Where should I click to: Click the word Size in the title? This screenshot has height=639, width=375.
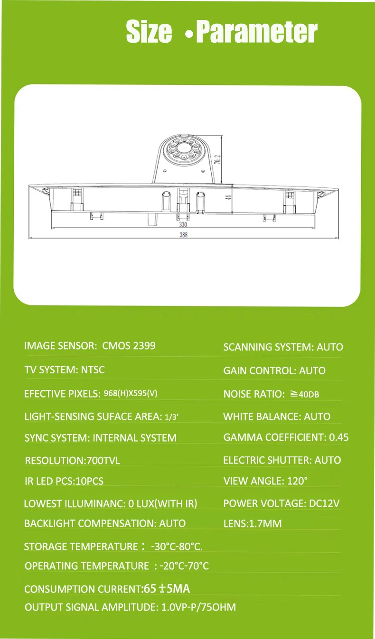[149, 31]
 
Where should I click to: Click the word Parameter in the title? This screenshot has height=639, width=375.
[257, 32]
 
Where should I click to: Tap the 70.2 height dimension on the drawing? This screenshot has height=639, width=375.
[217, 159]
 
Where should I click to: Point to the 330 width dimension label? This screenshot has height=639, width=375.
[183, 224]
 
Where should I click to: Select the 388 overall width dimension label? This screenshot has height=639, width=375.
[184, 235]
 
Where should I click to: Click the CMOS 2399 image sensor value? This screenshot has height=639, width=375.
[129, 346]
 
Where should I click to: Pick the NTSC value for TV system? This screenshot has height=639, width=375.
[93, 370]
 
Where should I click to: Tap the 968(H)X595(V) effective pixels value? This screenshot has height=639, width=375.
[131, 393]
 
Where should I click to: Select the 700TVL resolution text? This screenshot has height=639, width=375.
[103, 461]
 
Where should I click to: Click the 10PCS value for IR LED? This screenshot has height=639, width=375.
[90, 481]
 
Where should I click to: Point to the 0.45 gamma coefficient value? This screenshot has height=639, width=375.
[339, 437]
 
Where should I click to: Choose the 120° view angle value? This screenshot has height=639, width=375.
[297, 481]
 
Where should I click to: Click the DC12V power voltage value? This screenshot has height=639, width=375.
[324, 503]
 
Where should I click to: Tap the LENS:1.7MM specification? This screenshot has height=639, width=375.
[252, 523]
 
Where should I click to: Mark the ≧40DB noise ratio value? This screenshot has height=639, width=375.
[304, 394]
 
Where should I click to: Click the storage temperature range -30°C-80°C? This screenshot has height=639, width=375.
[177, 546]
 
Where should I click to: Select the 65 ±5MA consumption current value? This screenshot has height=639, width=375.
[167, 589]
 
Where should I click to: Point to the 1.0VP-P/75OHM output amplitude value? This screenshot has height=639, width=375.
[198, 607]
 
